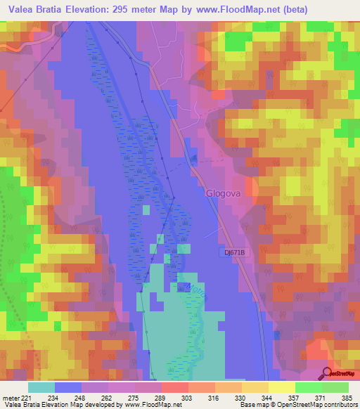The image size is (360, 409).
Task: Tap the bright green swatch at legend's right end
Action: click(x=335, y=387)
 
